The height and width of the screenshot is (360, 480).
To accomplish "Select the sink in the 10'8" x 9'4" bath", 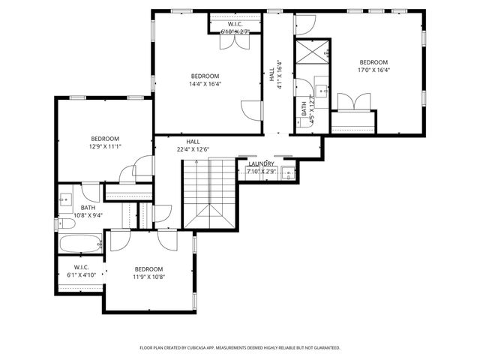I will (65, 200).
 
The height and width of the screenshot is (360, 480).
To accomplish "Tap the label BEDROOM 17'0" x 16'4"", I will (373, 66).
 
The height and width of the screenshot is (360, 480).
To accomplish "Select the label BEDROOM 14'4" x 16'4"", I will (205, 80).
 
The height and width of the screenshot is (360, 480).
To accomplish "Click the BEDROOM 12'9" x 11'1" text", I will (105, 142).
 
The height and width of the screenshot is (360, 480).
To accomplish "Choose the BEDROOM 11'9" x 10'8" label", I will (148, 273).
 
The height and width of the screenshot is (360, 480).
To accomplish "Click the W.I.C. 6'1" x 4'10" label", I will (82, 271).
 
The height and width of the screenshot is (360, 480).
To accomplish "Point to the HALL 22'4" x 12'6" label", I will (193, 145).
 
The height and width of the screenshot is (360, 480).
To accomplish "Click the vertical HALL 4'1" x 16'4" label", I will (275, 75).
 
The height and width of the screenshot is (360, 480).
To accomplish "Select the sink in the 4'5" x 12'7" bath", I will (322, 92).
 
